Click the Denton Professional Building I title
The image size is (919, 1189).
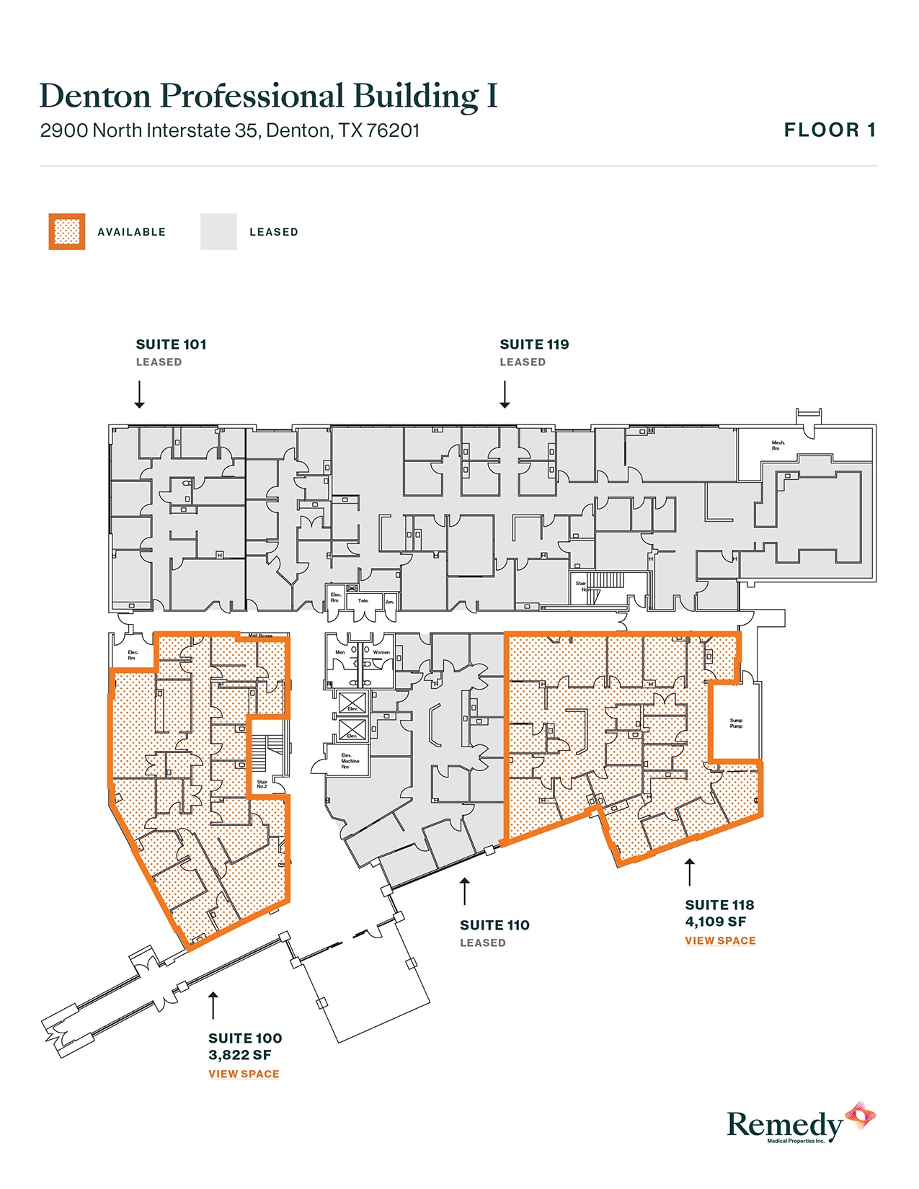[268, 97]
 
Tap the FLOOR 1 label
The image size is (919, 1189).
[830, 130]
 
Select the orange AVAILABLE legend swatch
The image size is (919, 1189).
[67, 232]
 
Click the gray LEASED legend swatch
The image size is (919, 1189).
[218, 232]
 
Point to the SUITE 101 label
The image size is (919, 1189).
[172, 344]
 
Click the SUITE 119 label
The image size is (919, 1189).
[534, 344]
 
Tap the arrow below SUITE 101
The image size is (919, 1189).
[140, 394]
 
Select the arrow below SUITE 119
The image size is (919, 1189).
[505, 394]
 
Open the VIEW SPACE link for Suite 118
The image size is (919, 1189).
[720, 940]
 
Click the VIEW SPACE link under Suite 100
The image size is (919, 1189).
[244, 1074]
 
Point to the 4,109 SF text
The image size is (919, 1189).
[716, 922]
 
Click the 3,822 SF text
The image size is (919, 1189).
[240, 1055]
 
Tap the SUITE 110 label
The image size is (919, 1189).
[494, 925]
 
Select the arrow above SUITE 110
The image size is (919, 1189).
[465, 891]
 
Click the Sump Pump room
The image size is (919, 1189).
[735, 723]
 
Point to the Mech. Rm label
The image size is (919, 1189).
[778, 445]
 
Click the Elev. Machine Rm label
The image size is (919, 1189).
[350, 761]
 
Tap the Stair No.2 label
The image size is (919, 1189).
[262, 784]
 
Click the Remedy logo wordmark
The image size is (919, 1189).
[784, 1125]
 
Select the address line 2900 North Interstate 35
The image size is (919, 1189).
[229, 130]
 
